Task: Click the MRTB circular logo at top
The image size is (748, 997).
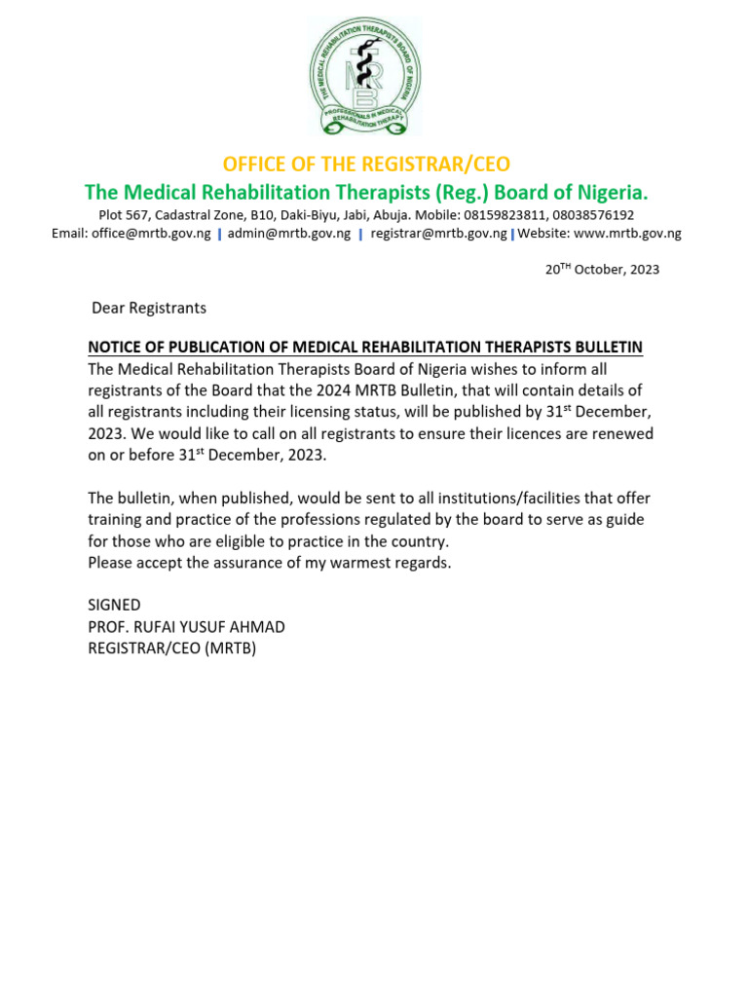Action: tap(365, 76)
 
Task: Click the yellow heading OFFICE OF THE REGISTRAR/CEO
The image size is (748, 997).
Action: tap(366, 163)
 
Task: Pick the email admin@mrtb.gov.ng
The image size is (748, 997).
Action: tap(288, 234)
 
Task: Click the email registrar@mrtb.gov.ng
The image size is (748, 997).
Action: tap(438, 234)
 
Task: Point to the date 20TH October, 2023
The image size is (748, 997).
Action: tap(602, 270)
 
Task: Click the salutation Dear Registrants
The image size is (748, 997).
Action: tap(149, 308)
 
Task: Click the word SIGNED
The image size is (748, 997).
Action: tap(114, 605)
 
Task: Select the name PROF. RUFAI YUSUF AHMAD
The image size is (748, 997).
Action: tap(186, 626)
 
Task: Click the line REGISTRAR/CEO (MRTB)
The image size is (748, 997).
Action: tap(171, 647)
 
